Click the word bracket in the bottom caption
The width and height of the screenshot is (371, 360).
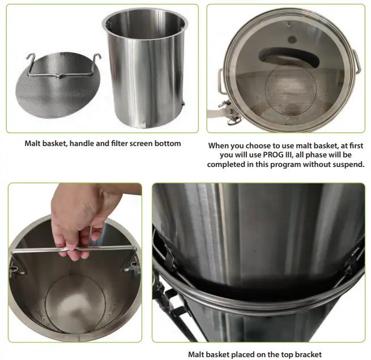pos(306,355)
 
